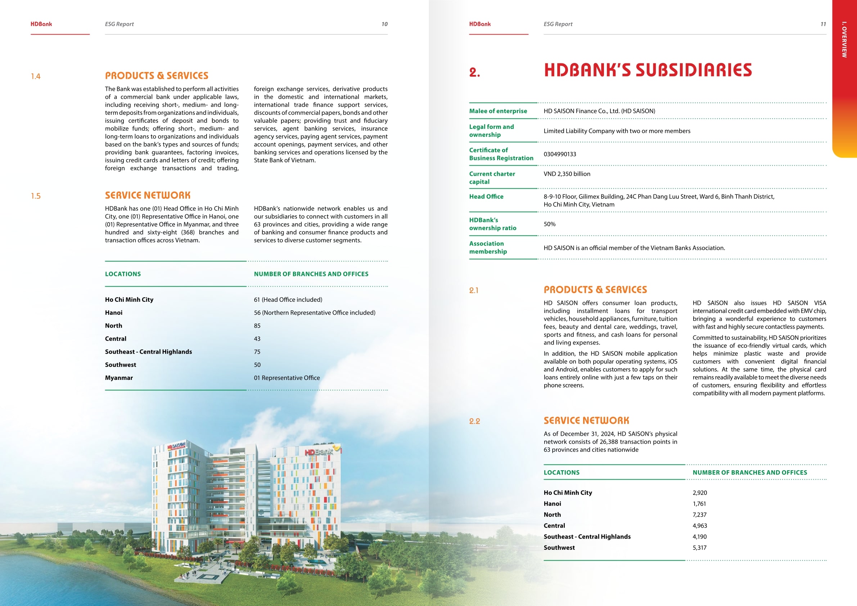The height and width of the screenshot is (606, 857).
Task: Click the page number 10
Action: tap(384, 24)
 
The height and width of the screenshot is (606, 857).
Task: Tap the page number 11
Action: tap(823, 24)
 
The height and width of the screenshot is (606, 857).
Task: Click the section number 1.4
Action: tap(36, 77)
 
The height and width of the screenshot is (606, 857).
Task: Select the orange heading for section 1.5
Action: tap(148, 195)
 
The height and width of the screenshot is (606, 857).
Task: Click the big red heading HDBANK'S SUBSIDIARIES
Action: tap(648, 70)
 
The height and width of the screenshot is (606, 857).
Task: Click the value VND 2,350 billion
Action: tap(567, 174)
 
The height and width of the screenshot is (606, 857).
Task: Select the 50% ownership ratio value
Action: tap(549, 224)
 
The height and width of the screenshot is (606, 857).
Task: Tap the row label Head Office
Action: tap(486, 197)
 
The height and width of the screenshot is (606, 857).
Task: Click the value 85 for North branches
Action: tap(257, 326)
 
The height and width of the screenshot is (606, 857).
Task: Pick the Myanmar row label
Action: tap(119, 378)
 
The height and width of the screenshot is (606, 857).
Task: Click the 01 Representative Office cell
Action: tap(287, 378)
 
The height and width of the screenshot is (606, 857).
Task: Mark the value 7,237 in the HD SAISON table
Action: tap(699, 515)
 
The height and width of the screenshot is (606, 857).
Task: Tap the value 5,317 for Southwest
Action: tap(699, 548)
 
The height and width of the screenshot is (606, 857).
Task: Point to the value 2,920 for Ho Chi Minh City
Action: tap(699, 493)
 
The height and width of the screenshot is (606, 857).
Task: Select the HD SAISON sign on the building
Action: tap(176, 446)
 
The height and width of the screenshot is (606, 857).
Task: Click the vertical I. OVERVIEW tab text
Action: tap(844, 40)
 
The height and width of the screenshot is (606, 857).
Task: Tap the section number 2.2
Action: tap(474, 422)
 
